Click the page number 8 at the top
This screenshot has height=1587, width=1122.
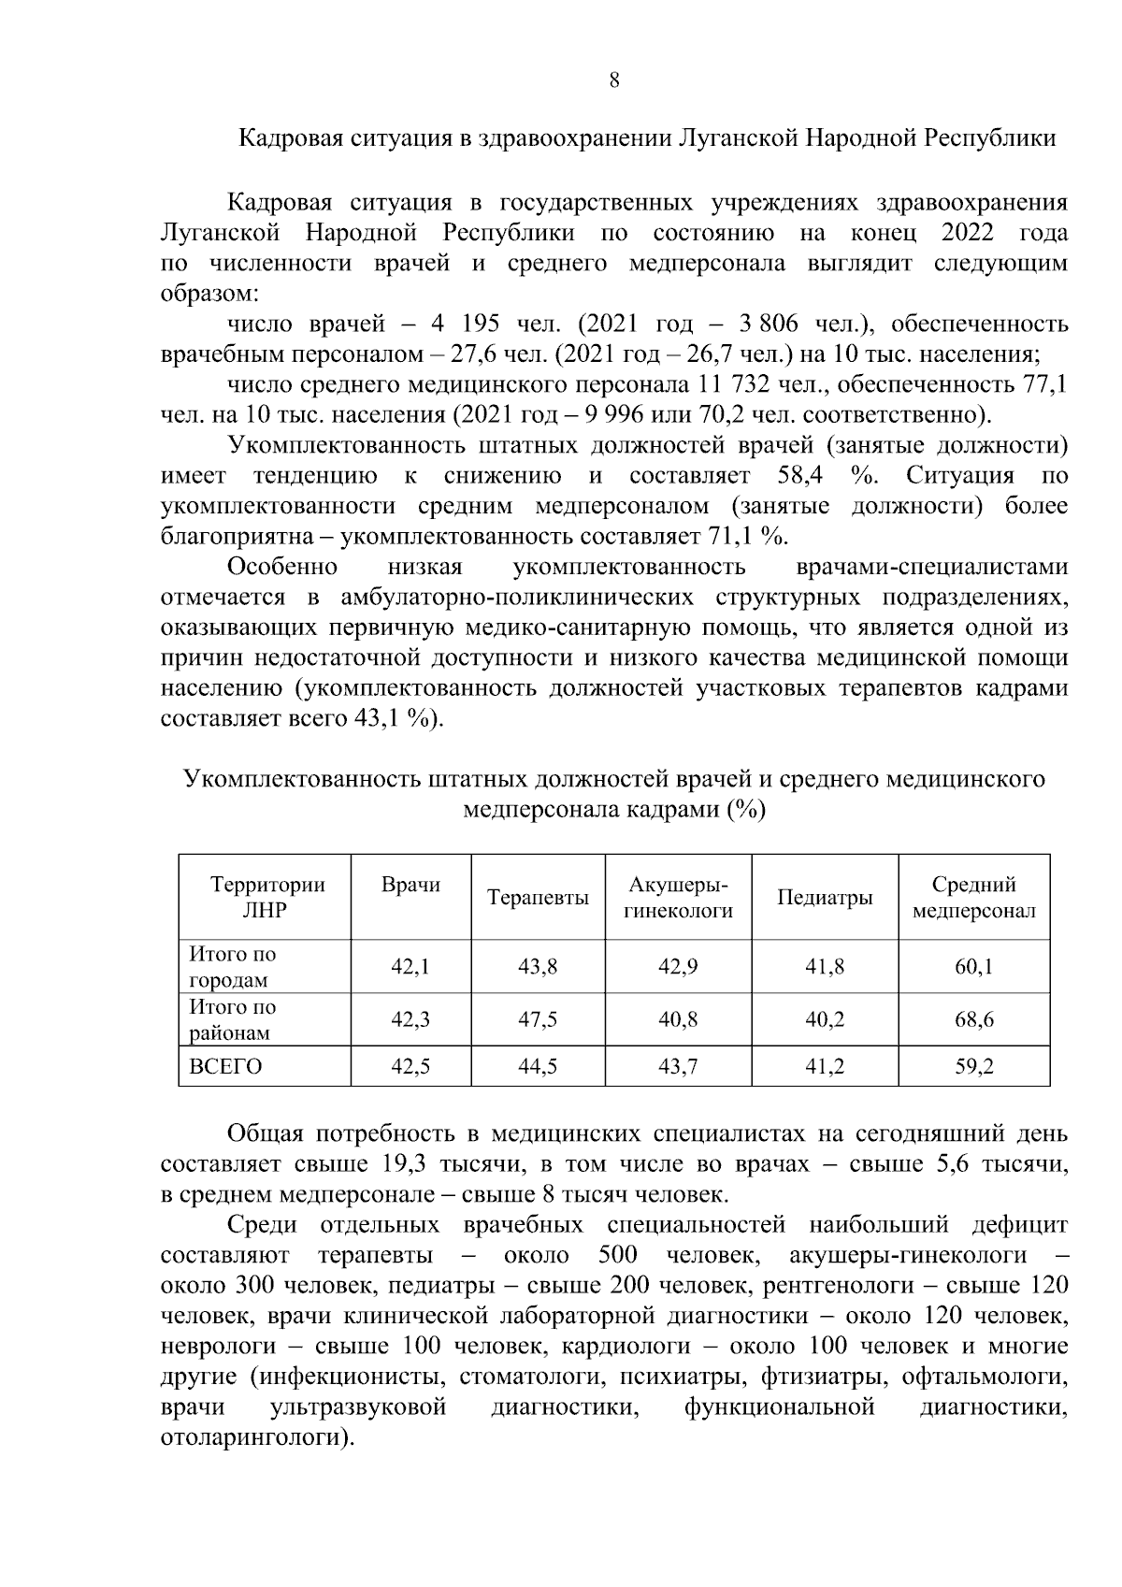click(613, 80)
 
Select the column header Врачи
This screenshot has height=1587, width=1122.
click(410, 885)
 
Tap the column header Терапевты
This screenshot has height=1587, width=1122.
click(538, 898)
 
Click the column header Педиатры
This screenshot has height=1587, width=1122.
click(825, 898)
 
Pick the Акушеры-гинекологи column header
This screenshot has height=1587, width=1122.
click(678, 898)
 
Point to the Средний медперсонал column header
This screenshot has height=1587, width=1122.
click(973, 898)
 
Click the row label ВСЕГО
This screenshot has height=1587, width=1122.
click(225, 1066)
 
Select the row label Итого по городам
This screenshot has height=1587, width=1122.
click(233, 967)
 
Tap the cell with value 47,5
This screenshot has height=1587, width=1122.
click(538, 1019)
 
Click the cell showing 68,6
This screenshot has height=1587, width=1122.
click(973, 1019)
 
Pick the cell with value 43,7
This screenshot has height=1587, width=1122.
click(678, 1066)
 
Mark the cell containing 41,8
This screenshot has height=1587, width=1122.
click(825, 967)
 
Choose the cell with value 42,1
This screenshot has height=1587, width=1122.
click(410, 967)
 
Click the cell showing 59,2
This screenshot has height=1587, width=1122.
click(973, 1066)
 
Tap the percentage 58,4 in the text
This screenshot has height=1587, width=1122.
click(799, 475)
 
